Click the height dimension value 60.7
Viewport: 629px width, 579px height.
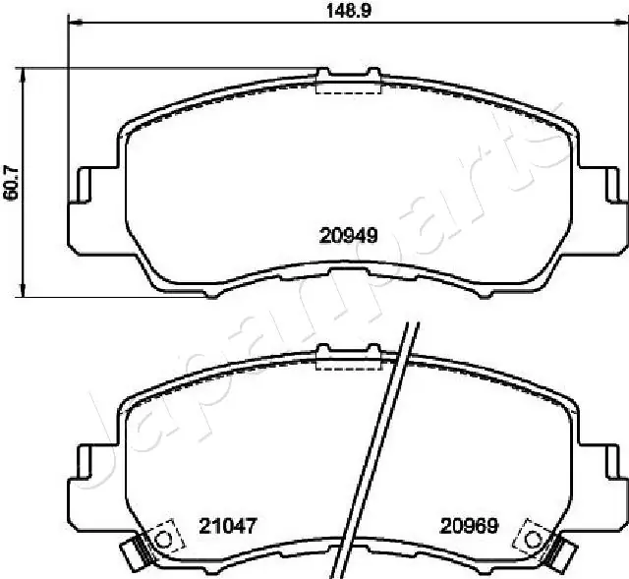coord(11,182)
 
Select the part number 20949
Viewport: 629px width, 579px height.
coord(349,234)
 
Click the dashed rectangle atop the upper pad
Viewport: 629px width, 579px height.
coord(348,83)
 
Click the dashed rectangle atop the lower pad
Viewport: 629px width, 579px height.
coord(348,361)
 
